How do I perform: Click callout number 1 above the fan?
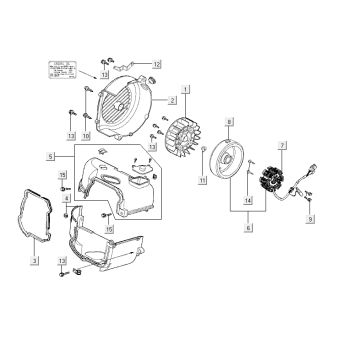[185, 89]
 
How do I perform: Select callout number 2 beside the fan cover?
[173, 101]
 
